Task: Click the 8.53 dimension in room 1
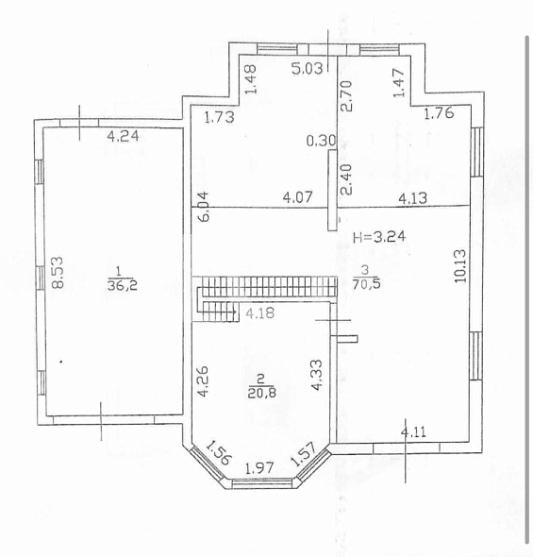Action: pyautogui.click(x=58, y=273)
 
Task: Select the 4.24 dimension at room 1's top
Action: pyautogui.click(x=123, y=136)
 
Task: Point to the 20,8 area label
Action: pyautogui.click(x=262, y=393)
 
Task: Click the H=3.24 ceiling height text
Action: pyautogui.click(x=379, y=237)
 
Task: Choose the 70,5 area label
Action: pyautogui.click(x=366, y=284)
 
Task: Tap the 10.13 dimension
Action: pyautogui.click(x=460, y=265)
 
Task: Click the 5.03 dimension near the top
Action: pyautogui.click(x=308, y=68)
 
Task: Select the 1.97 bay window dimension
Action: pyautogui.click(x=259, y=468)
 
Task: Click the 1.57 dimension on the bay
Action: pyautogui.click(x=304, y=454)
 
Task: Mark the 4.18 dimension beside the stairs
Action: pyautogui.click(x=259, y=313)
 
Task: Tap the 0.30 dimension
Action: pyautogui.click(x=321, y=141)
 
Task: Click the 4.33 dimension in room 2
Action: pyautogui.click(x=316, y=376)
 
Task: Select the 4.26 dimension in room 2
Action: pyautogui.click(x=204, y=381)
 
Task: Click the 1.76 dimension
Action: pyautogui.click(x=439, y=112)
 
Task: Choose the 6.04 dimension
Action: pyautogui.click(x=204, y=207)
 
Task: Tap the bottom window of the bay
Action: pyautogui.click(x=262, y=482)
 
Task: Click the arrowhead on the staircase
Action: pyautogui.click(x=235, y=312)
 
